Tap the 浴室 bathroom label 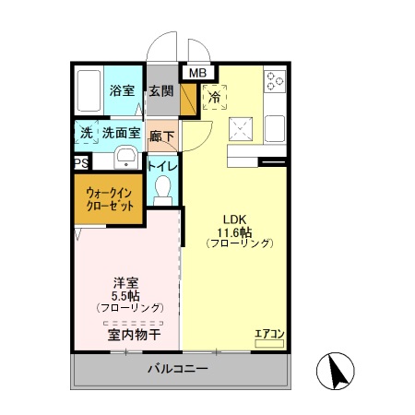(x=123, y=90)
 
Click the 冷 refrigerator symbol (x=214, y=96)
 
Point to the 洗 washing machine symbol (x=86, y=133)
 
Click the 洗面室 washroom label (x=121, y=133)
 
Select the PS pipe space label (x=80, y=164)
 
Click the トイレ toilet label (x=163, y=166)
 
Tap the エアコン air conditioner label (x=269, y=332)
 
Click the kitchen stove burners (x=275, y=83)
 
